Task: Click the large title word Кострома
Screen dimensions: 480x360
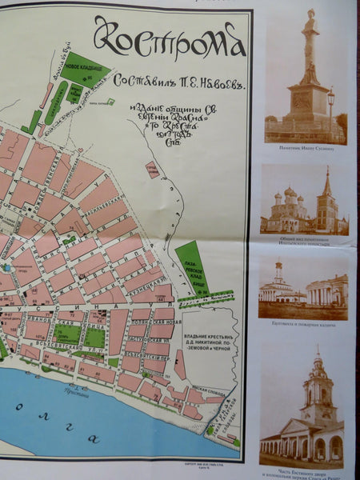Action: click(169, 38)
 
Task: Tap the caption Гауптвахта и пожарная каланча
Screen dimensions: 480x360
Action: click(304, 327)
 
